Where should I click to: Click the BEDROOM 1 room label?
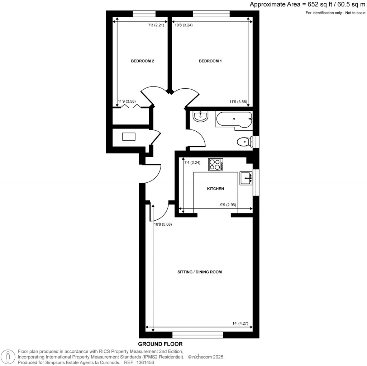(210, 61)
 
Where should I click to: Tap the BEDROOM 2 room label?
(142, 61)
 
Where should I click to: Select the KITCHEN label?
(215, 189)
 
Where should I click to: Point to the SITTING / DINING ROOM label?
(199, 272)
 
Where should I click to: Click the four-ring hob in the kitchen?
(215, 164)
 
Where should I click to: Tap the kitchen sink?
(246, 178)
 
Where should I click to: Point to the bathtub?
(234, 119)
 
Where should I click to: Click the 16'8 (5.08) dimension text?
(163, 224)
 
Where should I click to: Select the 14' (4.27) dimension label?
(240, 323)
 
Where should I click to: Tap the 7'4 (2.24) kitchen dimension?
(192, 163)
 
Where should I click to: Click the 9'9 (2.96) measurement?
(228, 205)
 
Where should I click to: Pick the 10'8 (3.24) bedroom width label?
(183, 25)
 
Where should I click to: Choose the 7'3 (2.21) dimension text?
(156, 25)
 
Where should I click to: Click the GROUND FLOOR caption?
(160, 344)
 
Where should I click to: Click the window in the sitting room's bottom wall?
(198, 335)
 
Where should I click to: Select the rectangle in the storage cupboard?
(129, 137)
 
